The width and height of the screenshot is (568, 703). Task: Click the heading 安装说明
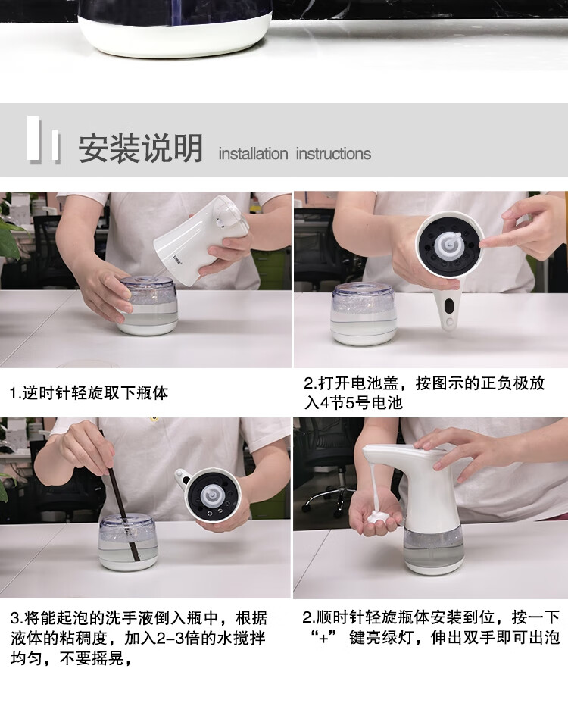point(140,148)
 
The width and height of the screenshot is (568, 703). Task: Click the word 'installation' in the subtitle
point(253,154)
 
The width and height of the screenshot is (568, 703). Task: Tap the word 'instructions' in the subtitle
point(333,154)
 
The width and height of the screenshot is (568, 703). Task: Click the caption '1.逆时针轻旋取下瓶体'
point(89,393)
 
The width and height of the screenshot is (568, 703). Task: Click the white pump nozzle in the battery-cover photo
point(449,242)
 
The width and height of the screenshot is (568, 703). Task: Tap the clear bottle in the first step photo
point(148,305)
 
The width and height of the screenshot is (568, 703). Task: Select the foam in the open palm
point(379,518)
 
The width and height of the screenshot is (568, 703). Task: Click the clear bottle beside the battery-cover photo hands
point(364,314)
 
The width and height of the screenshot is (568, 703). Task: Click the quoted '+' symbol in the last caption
point(323,638)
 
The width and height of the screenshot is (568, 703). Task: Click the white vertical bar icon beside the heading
point(42,139)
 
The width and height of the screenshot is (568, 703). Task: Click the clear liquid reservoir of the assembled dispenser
point(433,544)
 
